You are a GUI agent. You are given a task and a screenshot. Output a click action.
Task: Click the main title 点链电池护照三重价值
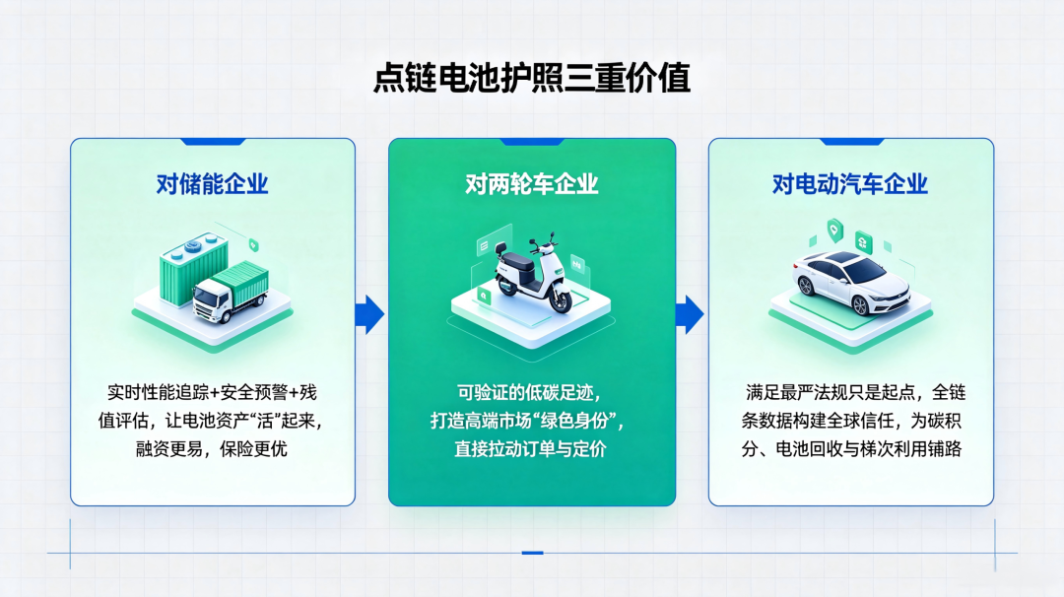(x=532, y=78)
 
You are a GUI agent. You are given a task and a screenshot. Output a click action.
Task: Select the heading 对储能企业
(x=213, y=184)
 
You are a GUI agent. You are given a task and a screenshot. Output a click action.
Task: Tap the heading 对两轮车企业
(x=532, y=184)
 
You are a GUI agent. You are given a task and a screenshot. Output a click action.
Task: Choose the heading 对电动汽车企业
(x=850, y=184)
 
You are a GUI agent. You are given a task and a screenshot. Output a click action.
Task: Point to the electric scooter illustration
(x=533, y=275)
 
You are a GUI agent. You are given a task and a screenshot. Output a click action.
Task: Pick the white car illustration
(x=850, y=282)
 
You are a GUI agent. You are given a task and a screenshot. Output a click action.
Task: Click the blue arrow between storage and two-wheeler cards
(x=369, y=314)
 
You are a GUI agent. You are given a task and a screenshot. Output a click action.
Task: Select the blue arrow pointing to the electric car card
(x=690, y=314)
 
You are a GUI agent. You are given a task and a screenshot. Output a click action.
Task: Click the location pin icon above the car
(x=834, y=231)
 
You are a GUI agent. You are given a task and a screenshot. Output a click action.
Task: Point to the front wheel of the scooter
(x=562, y=299)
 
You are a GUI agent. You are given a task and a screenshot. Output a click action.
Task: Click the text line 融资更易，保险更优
(x=212, y=449)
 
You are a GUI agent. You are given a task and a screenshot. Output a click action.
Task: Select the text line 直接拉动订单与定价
(x=531, y=449)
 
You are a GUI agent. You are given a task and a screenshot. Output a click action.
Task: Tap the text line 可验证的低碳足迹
(x=529, y=393)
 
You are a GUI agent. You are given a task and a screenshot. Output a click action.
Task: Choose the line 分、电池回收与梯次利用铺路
(x=851, y=449)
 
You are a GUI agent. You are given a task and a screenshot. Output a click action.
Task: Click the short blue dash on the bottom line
(x=533, y=553)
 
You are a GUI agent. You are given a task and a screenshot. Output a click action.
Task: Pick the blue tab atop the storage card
(x=213, y=142)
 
